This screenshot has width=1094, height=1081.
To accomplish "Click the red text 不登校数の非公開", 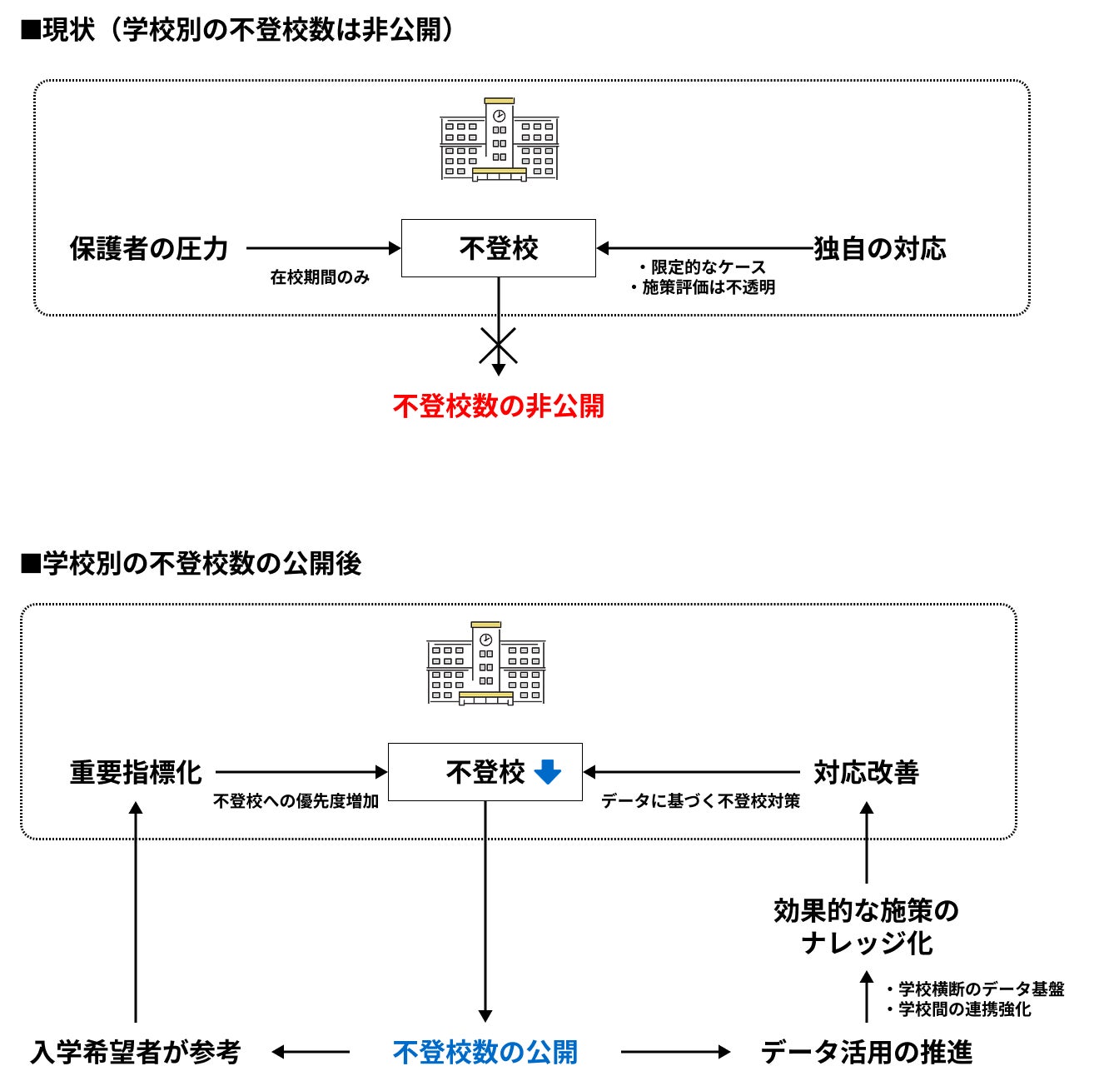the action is pos(498,406).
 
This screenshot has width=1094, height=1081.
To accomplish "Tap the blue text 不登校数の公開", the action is pos(485,1052).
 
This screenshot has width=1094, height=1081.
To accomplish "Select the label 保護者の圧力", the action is pos(149,249).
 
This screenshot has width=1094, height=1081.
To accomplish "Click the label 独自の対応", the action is pos(880,249).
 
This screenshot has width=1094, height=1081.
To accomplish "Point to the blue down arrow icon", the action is pos(548,772).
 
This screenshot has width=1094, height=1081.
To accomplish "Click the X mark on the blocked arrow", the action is pos(498,345).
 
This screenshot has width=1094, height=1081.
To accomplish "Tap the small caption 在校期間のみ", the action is pos(320,277).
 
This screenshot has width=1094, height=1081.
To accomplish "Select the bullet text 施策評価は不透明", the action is pos(709,287).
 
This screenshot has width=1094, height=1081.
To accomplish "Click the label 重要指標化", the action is pos(136,773).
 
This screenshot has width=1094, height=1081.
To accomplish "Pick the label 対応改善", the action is pos(867,773).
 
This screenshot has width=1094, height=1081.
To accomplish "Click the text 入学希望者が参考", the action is pos(136,1052).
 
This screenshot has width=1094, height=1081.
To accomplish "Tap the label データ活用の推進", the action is pos(867,1052).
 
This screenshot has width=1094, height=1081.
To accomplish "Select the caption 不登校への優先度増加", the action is pos(296,801).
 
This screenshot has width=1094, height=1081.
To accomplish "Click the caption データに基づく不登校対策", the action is pos(700,801).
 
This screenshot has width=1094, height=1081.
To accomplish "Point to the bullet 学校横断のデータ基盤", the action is pos(981,989).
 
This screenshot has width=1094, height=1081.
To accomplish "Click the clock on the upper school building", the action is pos(499,116).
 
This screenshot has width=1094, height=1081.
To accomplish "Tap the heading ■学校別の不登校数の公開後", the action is pos(191,564).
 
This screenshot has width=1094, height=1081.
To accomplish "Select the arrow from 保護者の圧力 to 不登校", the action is pos(324,248).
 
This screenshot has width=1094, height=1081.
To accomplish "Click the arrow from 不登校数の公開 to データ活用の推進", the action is pos(675,1052).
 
